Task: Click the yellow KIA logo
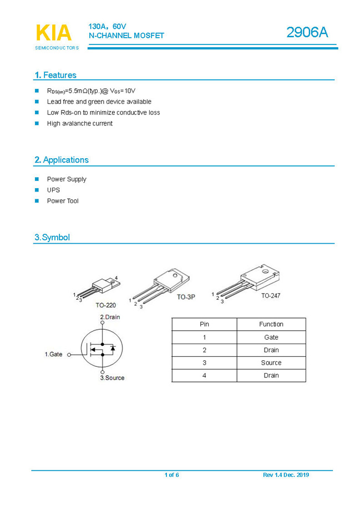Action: tap(53, 33)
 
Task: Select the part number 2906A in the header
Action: tap(307, 33)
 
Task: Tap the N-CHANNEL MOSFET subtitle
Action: tap(126, 36)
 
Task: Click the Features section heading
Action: tap(55, 75)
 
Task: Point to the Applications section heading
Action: tap(62, 160)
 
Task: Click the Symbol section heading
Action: tap(52, 238)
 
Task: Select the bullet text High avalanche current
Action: tap(79, 123)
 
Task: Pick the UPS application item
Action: tap(53, 190)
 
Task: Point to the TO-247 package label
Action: tap(271, 296)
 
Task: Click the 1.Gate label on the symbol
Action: tap(54, 354)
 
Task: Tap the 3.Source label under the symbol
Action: tap(112, 377)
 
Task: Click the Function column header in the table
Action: tap(271, 324)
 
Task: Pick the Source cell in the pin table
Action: tap(271, 362)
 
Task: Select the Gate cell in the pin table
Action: tap(271, 337)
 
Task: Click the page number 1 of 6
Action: tap(171, 475)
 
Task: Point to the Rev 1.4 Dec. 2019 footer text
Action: tap(286, 475)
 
